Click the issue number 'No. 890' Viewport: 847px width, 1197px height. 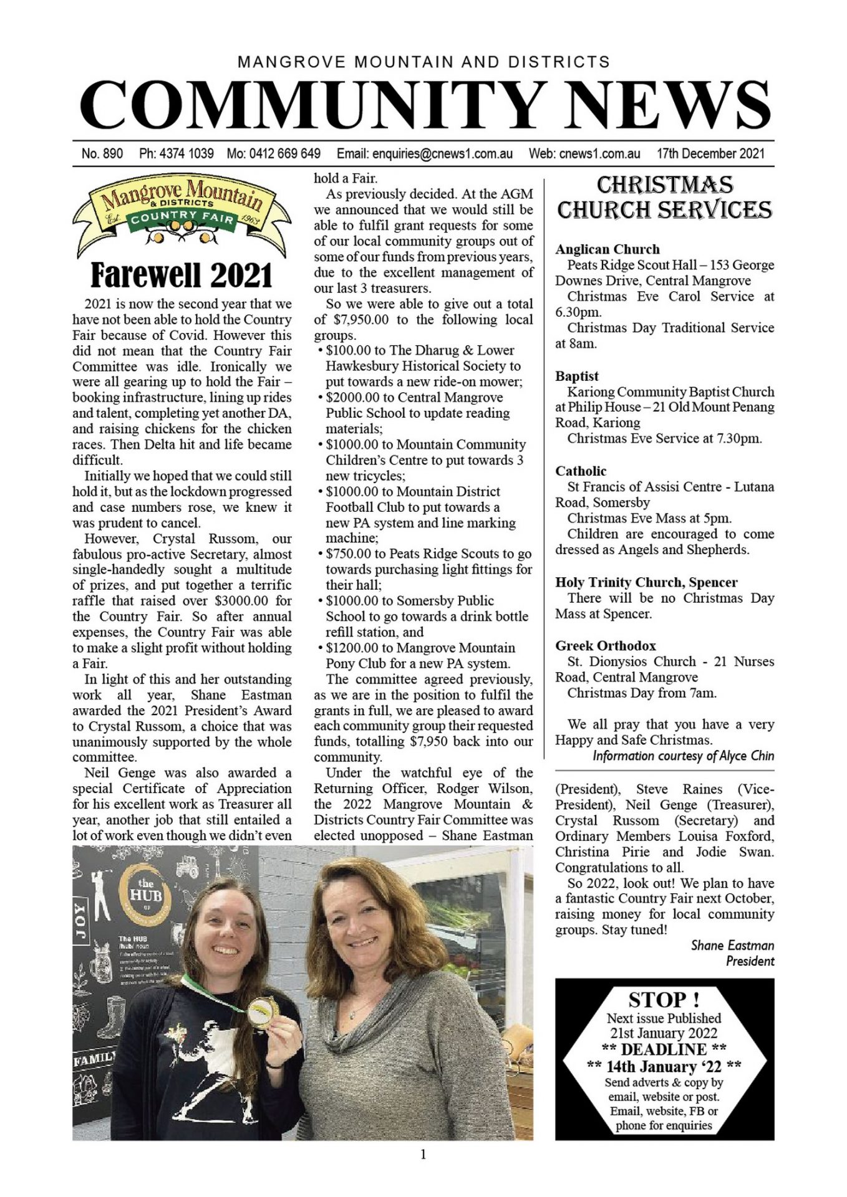pos(102,153)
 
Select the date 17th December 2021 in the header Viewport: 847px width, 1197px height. pos(710,153)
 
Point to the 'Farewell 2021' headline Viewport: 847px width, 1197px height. pos(181,275)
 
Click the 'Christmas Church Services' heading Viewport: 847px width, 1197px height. pos(664,197)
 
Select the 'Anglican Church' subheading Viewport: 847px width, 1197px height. pos(607,249)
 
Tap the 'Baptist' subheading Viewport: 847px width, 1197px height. pos(577,377)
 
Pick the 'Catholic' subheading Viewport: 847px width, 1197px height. pos(581,471)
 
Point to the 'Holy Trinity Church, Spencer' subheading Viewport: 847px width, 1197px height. pos(646,582)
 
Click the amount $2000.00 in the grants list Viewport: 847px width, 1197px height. pos(352,398)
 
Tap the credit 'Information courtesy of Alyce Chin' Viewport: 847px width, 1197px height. pos(683,756)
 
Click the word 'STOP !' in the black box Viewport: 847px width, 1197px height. pos(664,999)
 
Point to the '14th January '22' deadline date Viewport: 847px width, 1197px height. pos(664,1067)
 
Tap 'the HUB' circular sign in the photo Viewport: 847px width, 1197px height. pos(145,893)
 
